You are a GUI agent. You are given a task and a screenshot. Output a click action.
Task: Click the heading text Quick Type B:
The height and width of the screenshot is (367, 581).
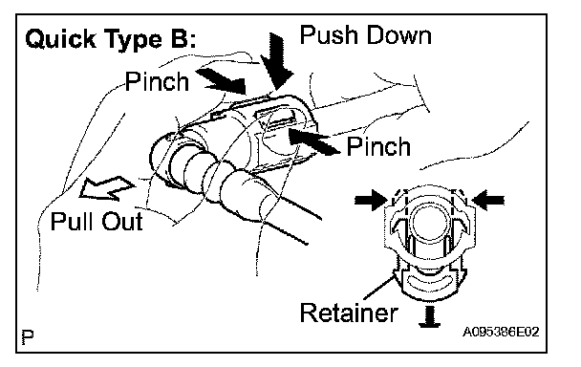(111, 39)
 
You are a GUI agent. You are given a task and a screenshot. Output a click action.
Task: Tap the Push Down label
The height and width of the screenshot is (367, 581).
(366, 35)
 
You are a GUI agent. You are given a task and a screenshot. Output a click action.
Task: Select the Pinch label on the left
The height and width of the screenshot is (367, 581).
(157, 81)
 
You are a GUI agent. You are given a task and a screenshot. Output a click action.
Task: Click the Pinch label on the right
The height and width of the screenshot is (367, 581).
(378, 146)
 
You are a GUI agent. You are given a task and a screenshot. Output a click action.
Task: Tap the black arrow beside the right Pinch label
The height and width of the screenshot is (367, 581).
(313, 141)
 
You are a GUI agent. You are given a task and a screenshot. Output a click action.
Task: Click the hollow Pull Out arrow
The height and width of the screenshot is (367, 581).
(107, 188)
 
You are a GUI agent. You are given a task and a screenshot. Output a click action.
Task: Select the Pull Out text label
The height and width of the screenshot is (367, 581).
(97, 222)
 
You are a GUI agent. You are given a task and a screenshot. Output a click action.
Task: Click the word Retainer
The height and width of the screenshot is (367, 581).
(349, 313)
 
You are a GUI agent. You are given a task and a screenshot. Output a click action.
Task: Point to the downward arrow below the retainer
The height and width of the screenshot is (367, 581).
(429, 317)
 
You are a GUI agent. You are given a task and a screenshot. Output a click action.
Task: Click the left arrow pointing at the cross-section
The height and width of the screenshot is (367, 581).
(371, 200)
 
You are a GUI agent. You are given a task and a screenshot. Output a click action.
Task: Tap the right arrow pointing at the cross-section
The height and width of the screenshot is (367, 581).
(488, 200)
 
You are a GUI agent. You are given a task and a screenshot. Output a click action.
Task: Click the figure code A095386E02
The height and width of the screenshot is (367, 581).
(501, 332)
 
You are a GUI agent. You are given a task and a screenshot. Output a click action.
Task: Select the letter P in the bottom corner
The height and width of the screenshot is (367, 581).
(28, 336)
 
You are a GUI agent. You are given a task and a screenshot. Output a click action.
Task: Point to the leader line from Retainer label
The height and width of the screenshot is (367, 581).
(378, 286)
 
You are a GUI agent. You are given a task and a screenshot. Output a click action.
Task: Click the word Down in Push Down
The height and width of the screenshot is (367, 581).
(398, 35)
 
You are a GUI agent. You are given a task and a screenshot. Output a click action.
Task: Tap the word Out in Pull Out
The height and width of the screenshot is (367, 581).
(122, 222)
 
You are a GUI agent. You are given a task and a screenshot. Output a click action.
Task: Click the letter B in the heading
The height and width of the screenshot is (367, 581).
(175, 39)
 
